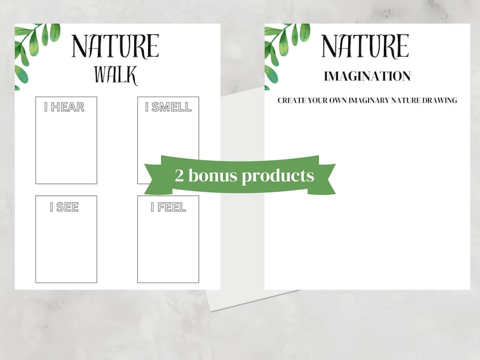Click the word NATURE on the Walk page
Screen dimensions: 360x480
tap(115, 47)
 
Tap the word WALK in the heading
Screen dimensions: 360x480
tap(115, 76)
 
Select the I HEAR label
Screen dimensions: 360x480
tap(65, 108)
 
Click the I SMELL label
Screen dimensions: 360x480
tap(168, 108)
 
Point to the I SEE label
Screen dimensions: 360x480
tap(65, 207)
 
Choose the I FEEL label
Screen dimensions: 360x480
tap(168, 207)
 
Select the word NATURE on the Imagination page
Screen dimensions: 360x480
tap(365, 47)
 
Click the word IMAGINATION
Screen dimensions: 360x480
tap(367, 76)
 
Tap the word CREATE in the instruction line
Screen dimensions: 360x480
tap(292, 100)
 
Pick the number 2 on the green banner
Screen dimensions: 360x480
tap(180, 176)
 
